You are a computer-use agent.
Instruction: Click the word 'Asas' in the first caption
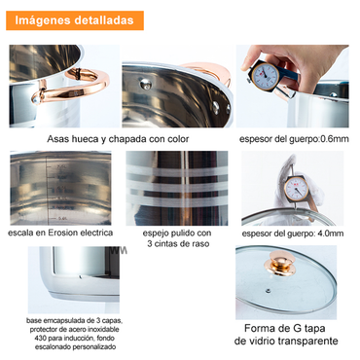point(59,139)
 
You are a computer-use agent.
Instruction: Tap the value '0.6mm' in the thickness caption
point(329,139)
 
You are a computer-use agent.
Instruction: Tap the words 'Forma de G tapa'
point(290,327)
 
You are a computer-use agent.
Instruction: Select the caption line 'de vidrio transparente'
point(290,342)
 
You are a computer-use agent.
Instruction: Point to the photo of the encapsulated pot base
point(67,281)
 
